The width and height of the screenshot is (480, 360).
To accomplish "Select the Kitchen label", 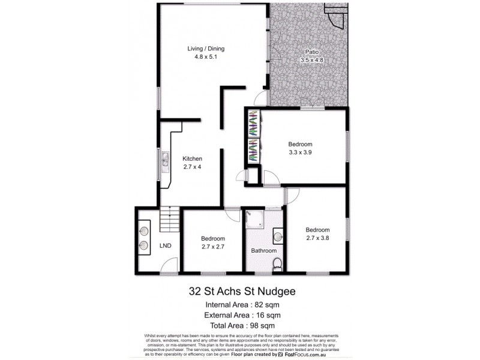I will tap(192, 158).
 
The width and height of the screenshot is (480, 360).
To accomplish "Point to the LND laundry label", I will tap(165, 246).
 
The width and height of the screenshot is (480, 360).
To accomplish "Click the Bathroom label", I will tap(263, 250).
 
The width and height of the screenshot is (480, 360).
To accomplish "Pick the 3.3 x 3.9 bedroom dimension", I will tap(300, 152).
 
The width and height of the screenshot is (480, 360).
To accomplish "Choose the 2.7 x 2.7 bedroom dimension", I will tap(212, 245).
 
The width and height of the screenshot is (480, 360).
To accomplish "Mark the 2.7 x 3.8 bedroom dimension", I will tap(317, 238).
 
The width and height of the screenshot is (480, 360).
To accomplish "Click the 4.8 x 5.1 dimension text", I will tap(205, 58).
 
